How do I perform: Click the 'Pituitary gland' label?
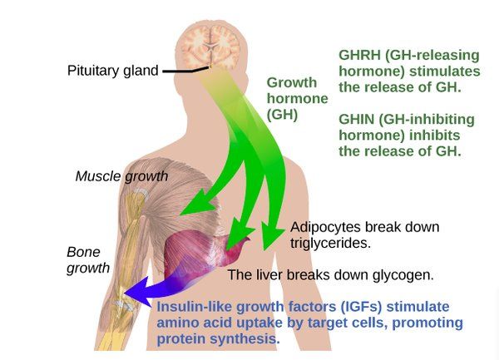112,71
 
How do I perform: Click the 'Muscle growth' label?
121,176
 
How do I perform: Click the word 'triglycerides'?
329,244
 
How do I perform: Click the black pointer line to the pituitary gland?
188,71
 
